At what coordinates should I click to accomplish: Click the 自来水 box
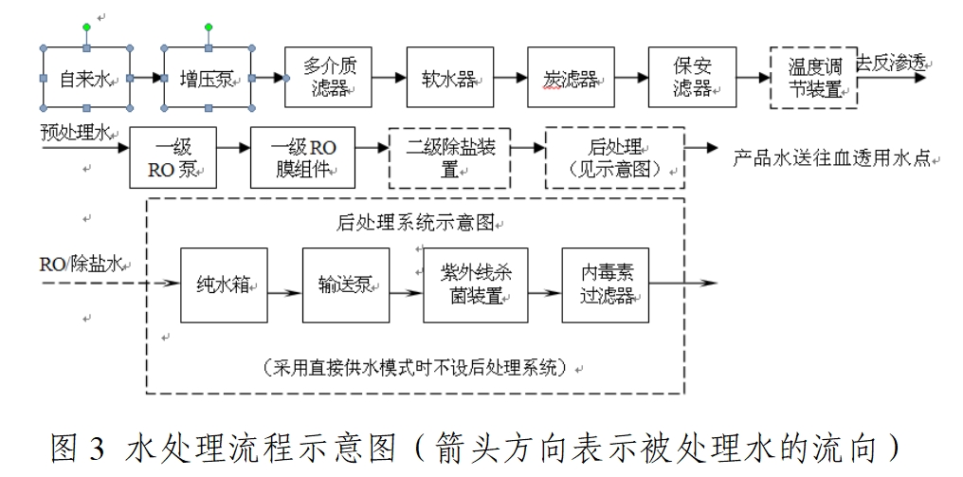[86, 79]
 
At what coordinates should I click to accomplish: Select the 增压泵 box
[208, 79]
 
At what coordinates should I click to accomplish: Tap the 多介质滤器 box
[327, 78]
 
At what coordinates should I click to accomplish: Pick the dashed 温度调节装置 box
[813, 79]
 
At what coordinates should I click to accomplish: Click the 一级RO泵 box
[174, 157]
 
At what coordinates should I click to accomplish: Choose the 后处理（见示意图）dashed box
[615, 157]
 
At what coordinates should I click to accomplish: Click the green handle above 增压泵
[208, 27]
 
